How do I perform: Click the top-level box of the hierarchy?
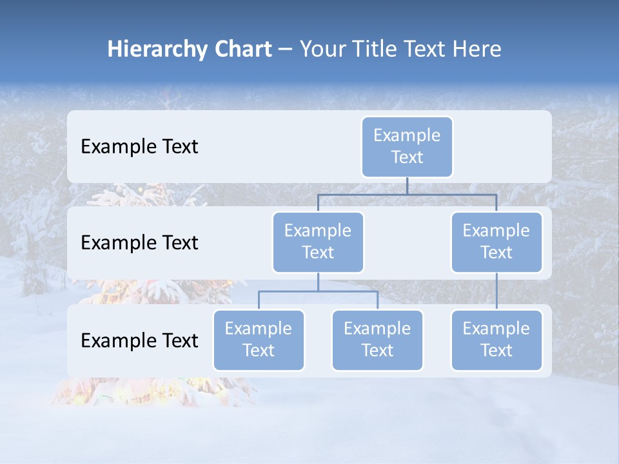click(407, 146)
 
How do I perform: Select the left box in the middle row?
click(318, 242)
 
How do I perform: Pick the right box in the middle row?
click(496, 242)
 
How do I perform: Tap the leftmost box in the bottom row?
click(259, 340)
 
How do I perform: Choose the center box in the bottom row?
click(377, 340)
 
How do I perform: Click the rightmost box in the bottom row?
click(496, 340)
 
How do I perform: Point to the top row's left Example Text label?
click(139, 147)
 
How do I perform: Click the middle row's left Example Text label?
click(139, 243)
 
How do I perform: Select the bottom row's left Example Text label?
click(139, 340)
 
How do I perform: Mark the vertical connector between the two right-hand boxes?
click(496, 291)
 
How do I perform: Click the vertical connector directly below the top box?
click(407, 186)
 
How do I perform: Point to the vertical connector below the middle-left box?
click(318, 282)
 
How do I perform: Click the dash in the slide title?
click(286, 50)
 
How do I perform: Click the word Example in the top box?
click(407, 135)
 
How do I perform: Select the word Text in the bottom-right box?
click(496, 351)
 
